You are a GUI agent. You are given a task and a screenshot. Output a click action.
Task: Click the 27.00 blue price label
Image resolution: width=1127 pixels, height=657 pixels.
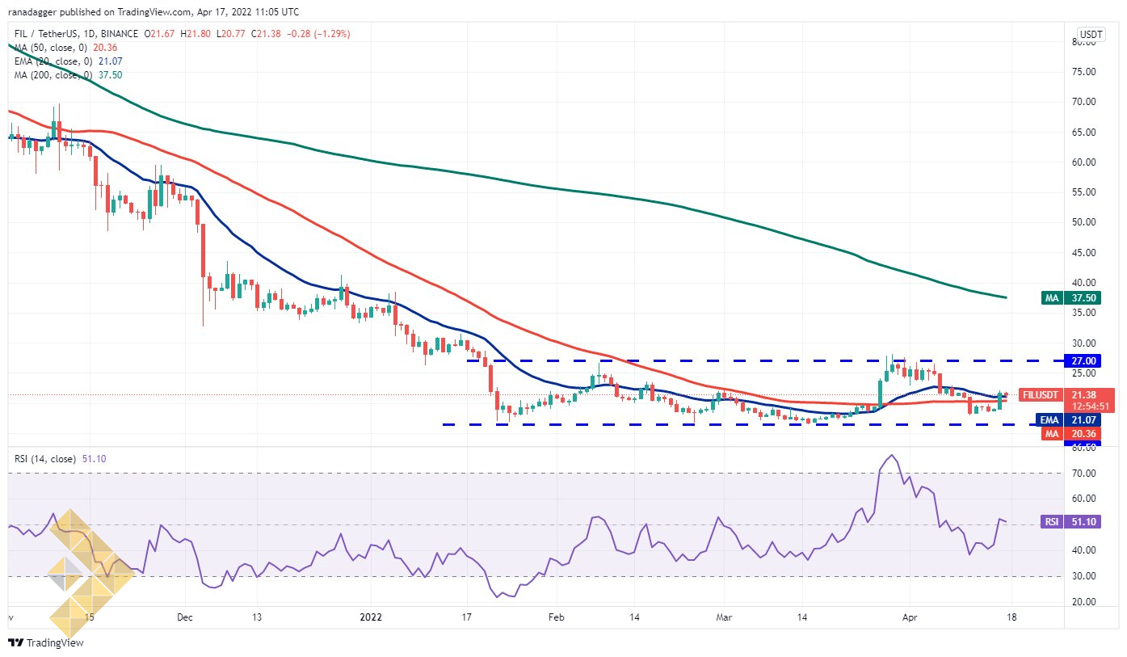[x=1083, y=360]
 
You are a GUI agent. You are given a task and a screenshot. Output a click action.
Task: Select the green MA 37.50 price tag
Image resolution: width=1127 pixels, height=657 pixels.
[x=1071, y=298]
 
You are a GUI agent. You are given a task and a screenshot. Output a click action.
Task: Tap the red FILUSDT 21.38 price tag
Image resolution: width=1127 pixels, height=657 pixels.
[x=1067, y=400]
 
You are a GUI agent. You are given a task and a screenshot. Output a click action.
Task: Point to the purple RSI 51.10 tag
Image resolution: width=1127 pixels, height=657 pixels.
[x=1070, y=521]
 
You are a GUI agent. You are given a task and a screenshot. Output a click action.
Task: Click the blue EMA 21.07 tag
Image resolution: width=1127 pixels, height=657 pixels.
[x=1068, y=420]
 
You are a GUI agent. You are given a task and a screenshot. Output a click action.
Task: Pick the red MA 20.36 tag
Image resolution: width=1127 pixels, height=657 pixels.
[x=1071, y=433]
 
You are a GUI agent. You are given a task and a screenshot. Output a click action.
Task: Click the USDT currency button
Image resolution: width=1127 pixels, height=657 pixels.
[x=1091, y=34]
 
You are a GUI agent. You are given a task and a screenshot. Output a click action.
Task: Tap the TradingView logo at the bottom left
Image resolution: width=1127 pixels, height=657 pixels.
[x=46, y=642]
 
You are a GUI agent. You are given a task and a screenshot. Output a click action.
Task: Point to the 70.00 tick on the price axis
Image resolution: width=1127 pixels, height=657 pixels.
[x=1083, y=102]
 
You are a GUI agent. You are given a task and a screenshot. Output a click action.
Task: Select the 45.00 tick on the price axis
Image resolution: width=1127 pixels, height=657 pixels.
[x=1083, y=253]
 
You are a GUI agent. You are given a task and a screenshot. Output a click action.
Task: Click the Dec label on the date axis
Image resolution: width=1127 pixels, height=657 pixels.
[x=185, y=617]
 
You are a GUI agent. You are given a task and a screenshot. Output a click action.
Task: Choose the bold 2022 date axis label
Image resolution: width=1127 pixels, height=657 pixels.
[x=372, y=617]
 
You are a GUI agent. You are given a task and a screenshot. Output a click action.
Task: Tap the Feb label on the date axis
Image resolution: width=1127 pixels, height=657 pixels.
[x=556, y=617]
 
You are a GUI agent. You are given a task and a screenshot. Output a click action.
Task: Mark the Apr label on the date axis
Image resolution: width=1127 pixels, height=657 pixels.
[x=909, y=617]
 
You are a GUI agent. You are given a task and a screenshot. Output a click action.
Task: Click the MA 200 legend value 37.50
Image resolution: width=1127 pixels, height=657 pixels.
[x=111, y=75]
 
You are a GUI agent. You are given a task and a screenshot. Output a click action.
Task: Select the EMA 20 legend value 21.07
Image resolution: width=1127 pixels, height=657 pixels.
[x=111, y=61]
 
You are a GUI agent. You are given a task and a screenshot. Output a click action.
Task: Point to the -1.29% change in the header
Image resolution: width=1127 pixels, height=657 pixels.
[x=332, y=34]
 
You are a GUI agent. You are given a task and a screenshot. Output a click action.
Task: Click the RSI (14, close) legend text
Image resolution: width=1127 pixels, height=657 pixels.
[x=45, y=459]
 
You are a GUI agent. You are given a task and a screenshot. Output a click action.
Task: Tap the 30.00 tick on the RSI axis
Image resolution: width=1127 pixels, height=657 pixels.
[x=1083, y=576]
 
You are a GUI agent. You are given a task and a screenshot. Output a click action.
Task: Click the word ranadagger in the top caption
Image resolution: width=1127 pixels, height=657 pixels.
[x=32, y=11]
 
